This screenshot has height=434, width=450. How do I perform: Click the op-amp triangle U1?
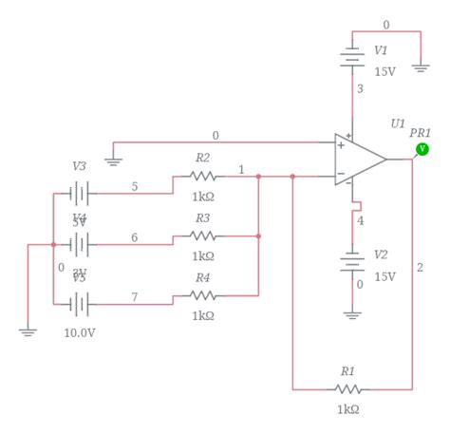pos(359,159)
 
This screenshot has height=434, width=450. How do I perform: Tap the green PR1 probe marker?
pos(422,149)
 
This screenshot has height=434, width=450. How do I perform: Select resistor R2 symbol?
pos(202,177)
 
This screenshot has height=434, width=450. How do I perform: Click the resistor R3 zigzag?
pos(202,236)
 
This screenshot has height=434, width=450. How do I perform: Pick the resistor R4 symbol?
pos(202,295)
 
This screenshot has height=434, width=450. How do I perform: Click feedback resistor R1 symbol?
pos(347,389)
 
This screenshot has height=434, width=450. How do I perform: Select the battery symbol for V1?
pos(353,58)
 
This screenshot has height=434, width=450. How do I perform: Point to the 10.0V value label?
pos(80,333)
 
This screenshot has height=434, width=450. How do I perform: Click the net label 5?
pos(134,187)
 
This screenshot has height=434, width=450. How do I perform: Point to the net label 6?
pos(134,237)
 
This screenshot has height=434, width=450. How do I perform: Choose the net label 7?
pos(134,297)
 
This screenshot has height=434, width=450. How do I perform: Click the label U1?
pos(397,123)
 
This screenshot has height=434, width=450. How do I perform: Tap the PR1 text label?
pos(420,132)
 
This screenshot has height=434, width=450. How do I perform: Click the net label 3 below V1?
pos(360,89)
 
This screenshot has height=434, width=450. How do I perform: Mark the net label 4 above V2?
pos(360,221)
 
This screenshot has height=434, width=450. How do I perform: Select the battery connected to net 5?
pos(80,194)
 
